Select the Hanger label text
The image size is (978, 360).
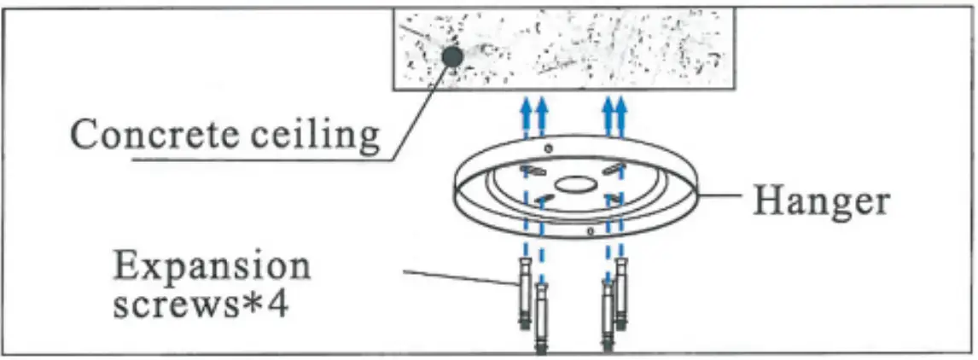point(821,201)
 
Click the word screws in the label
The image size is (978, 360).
point(172,305)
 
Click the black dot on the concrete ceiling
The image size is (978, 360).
point(452,57)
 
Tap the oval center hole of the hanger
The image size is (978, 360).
point(576,184)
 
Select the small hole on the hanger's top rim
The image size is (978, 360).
point(548,148)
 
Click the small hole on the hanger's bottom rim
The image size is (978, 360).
point(591,231)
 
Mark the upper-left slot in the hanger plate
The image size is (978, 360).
point(534,171)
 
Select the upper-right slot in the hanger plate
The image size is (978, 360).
point(614,167)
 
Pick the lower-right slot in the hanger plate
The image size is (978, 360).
point(613,199)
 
